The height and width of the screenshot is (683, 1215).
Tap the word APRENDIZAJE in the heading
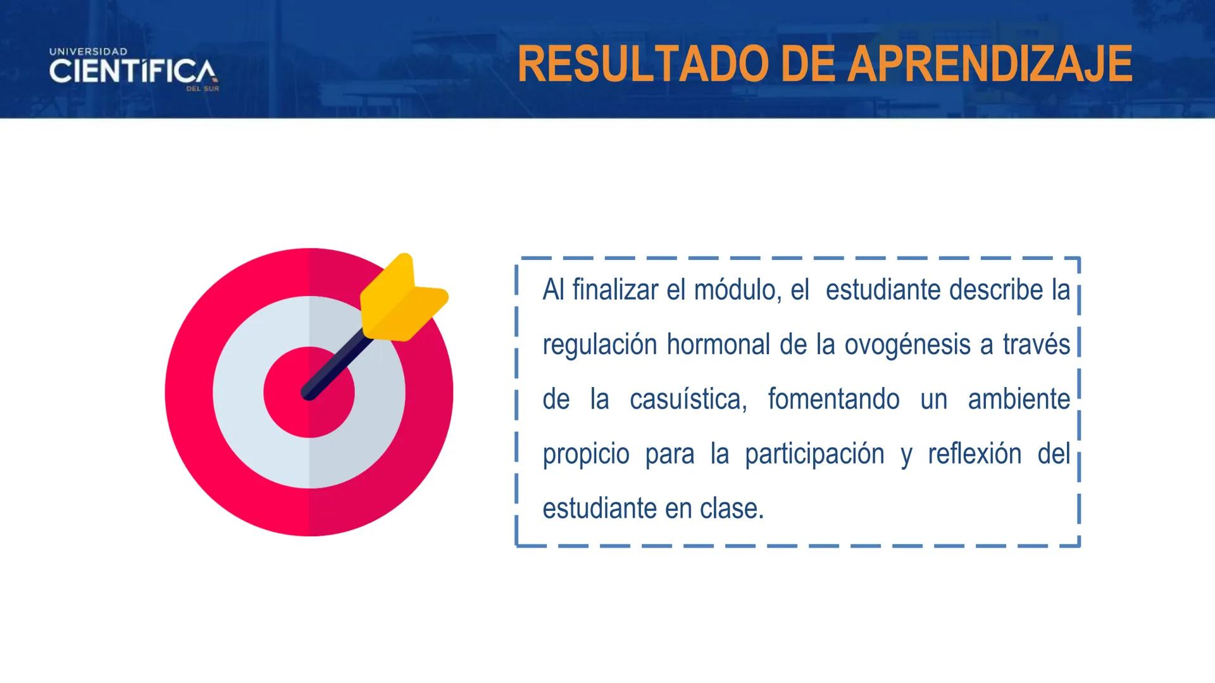990,65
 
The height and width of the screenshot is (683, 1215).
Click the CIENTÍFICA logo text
132,71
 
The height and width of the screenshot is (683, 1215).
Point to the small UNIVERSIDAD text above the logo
89,51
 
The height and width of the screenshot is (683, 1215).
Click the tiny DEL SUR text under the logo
202,89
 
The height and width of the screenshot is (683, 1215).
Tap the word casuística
688,400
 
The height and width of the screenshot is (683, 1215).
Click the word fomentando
833,400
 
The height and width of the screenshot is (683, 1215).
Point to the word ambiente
1019,400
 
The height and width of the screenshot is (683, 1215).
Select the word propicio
586,455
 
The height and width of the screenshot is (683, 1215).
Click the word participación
814,455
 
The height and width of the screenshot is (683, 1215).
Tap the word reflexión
975,455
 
